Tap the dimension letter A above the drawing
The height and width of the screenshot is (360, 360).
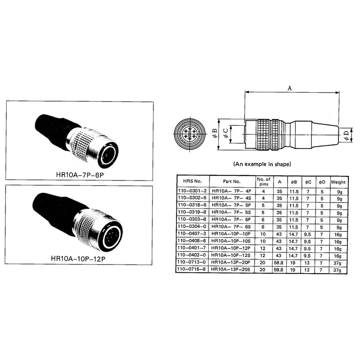290,89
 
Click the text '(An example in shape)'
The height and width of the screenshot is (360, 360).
262,164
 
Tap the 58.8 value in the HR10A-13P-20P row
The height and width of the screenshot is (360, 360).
280,262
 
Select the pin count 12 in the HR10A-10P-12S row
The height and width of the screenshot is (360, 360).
263,255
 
